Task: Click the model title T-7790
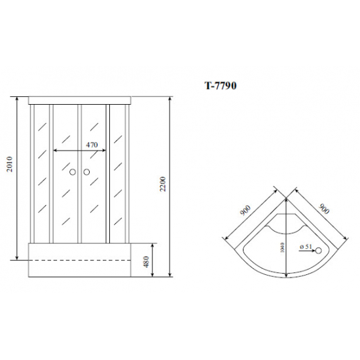(221, 86)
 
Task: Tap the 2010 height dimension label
(10, 164)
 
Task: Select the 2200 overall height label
(162, 184)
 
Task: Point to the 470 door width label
(92, 145)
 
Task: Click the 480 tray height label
(146, 262)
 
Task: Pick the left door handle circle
(73, 172)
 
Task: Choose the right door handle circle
(86, 172)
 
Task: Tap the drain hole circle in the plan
(319, 251)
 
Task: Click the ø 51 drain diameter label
(306, 247)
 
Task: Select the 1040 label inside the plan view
(282, 247)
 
